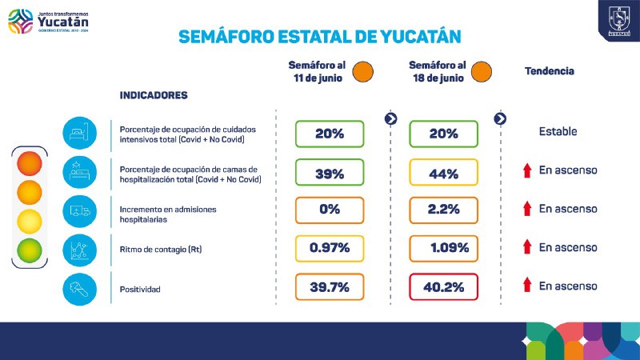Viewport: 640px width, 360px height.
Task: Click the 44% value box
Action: pyautogui.click(x=443, y=173)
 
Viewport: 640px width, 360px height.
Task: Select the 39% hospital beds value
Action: pyautogui.click(x=330, y=173)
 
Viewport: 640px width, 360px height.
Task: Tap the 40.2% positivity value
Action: pyautogui.click(x=443, y=286)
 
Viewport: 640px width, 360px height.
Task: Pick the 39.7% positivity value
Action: pyautogui.click(x=330, y=286)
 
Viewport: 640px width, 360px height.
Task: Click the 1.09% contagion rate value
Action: pyautogui.click(x=443, y=248)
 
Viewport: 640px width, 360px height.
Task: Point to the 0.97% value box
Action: pyautogui.click(x=330, y=248)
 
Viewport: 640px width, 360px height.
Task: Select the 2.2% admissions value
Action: pyautogui.click(x=443, y=210)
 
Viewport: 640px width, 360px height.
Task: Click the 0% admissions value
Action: pyautogui.click(x=330, y=210)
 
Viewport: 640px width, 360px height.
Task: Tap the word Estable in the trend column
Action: pyautogui.click(x=558, y=131)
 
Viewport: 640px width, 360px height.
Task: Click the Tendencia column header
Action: pyautogui.click(x=549, y=70)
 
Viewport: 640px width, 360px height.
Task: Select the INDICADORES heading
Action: pyautogui.click(x=154, y=95)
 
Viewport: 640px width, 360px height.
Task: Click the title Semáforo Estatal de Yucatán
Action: pyautogui.click(x=320, y=37)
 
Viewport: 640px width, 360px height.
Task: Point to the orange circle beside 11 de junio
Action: pyautogui.click(x=364, y=70)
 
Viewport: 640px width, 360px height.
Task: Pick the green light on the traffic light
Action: pyautogui.click(x=30, y=250)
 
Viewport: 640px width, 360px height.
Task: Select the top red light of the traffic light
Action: pyautogui.click(x=30, y=163)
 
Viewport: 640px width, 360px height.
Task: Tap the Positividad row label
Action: pyautogui.click(x=140, y=289)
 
